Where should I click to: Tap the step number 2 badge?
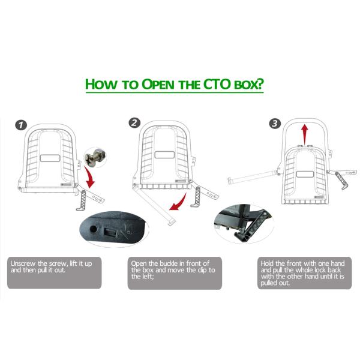tap(135, 123)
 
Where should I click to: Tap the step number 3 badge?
tap(275, 124)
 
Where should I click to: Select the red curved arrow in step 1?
tap(90, 178)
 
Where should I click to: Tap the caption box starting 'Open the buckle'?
tap(174, 274)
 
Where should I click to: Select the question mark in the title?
tap(260, 83)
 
